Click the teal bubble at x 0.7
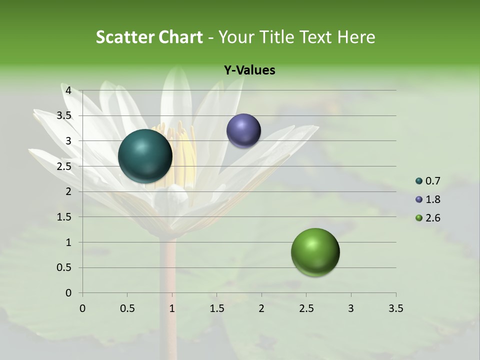click(145, 156)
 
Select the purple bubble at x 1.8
click(243, 131)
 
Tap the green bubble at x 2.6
click(315, 252)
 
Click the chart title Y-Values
click(249, 70)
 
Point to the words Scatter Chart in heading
click(149, 37)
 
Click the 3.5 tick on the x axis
click(395, 308)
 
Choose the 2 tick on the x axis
click(261, 308)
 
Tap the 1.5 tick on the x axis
click(216, 308)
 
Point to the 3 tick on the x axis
click(351, 308)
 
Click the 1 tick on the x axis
click(172, 308)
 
